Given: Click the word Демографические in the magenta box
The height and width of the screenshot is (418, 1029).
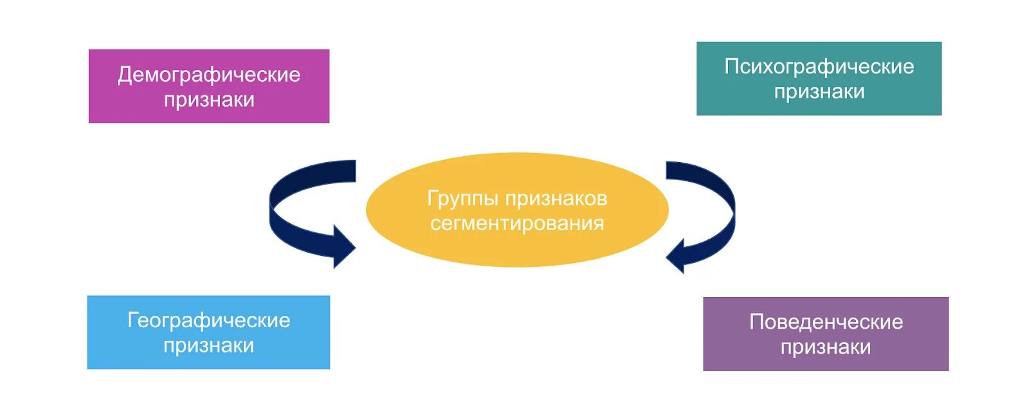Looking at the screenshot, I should point(208,75).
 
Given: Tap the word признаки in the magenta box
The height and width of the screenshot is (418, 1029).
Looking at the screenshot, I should point(209,100).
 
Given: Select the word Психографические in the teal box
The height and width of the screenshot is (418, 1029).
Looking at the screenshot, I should point(819,66).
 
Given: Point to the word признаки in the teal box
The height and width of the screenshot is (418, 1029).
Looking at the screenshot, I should point(819,91).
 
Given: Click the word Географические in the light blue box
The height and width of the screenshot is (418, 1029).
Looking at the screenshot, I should point(208,320).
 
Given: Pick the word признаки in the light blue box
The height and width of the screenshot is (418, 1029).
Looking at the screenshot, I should point(208,345).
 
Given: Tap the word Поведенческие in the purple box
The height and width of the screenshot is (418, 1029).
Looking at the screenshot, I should point(826,322).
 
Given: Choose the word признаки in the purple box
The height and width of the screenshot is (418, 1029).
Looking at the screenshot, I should point(826,347).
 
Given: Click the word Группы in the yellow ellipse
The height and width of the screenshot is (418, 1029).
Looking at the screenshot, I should point(463,199).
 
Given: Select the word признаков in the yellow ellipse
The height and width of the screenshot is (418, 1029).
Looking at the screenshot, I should point(556,199).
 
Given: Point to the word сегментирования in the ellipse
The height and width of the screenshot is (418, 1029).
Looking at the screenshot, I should point(517,223).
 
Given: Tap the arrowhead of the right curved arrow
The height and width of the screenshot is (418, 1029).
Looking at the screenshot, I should point(677,255).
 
